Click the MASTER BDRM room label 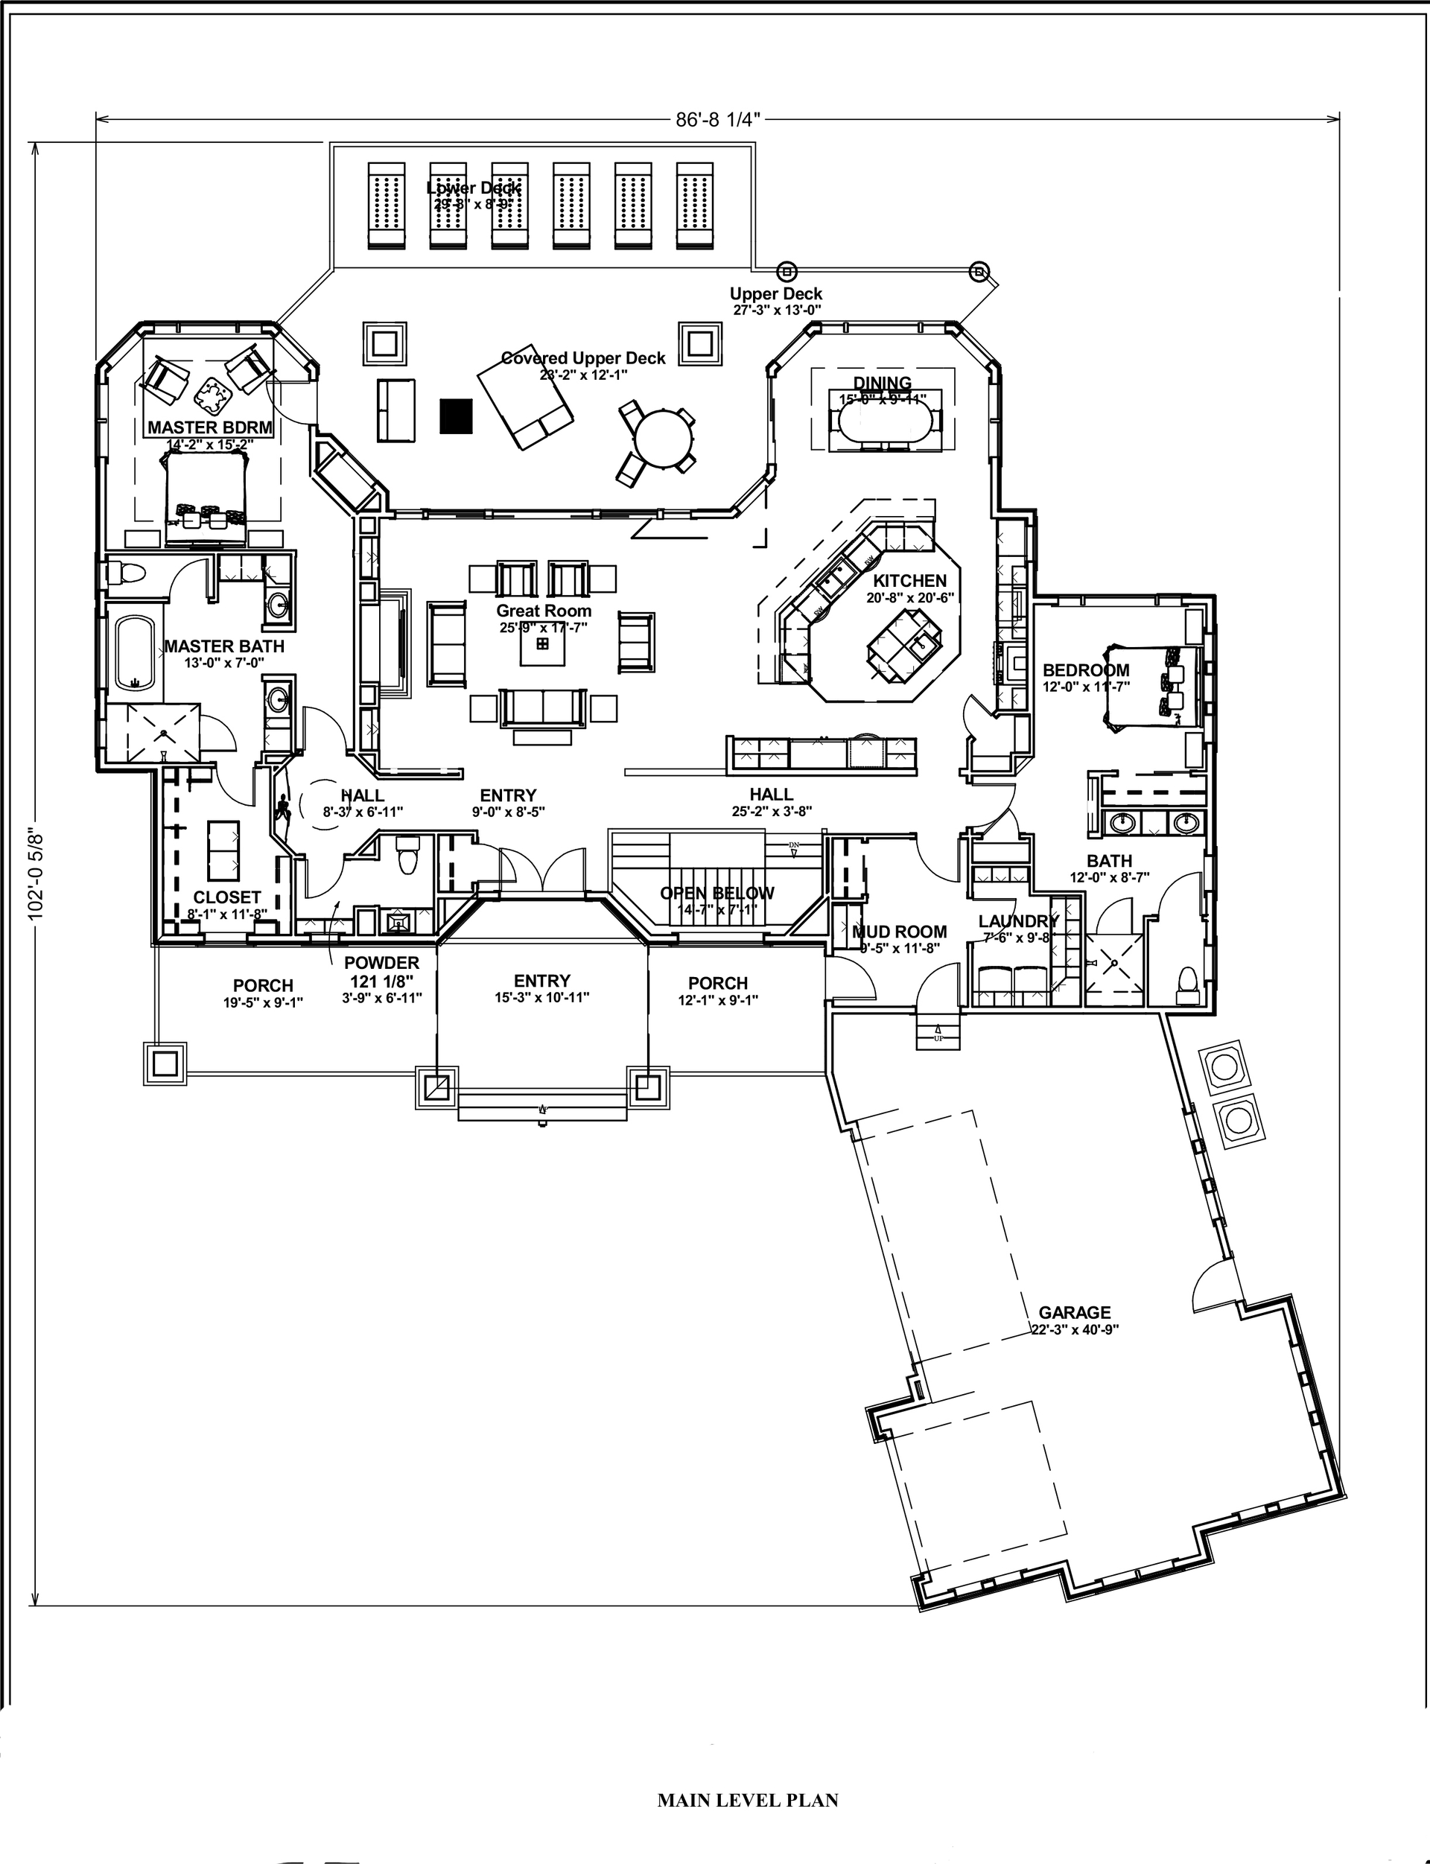[x=210, y=427]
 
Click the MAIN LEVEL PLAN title [x=747, y=1800]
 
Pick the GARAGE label [x=1074, y=1312]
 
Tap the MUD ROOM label [x=900, y=932]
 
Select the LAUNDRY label [x=1018, y=921]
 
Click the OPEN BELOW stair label [x=716, y=893]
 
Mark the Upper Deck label [x=775, y=294]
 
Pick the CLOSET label [x=226, y=897]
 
